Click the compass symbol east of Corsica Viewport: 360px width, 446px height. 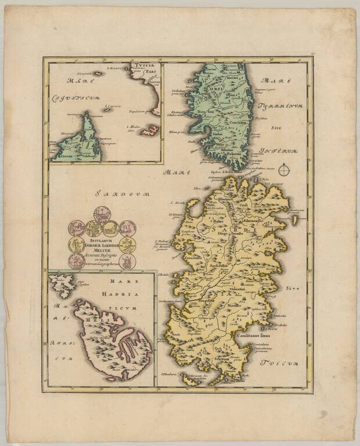click(285, 170)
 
